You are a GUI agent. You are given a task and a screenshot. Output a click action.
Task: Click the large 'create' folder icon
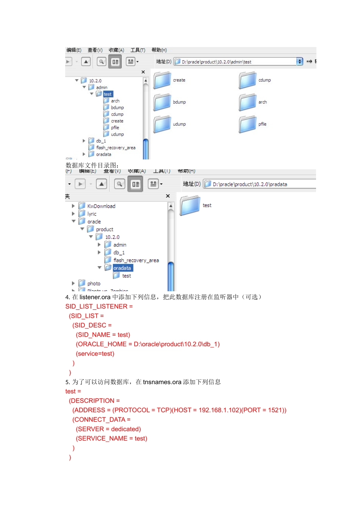pos(162,81)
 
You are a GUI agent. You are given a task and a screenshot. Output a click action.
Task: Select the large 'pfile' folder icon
pos(248,125)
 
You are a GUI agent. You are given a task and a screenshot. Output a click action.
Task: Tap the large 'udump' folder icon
pos(162,125)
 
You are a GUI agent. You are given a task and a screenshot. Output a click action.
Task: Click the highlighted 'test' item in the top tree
pos(108,94)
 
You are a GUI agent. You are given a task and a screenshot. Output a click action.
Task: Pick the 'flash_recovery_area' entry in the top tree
pos(115,148)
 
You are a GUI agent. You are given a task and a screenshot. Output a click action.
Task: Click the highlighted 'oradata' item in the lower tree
pos(122,268)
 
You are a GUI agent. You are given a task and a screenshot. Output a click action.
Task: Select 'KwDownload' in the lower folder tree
pos(101,206)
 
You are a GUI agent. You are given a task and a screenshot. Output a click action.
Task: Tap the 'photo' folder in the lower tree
pos(94,284)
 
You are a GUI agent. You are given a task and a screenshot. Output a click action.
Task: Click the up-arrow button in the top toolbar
pos(86,61)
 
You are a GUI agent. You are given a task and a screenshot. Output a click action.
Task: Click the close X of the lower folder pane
pos(168,196)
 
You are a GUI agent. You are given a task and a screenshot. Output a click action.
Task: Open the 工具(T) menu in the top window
pos(138,50)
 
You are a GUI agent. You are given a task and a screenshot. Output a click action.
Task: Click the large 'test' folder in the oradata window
pos(190,205)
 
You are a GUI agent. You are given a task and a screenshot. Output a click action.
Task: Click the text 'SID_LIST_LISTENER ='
pos(99,306)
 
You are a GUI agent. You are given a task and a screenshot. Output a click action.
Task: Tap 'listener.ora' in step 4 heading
pos(95,297)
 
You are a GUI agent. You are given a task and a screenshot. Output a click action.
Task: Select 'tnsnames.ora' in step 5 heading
pos(162,382)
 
